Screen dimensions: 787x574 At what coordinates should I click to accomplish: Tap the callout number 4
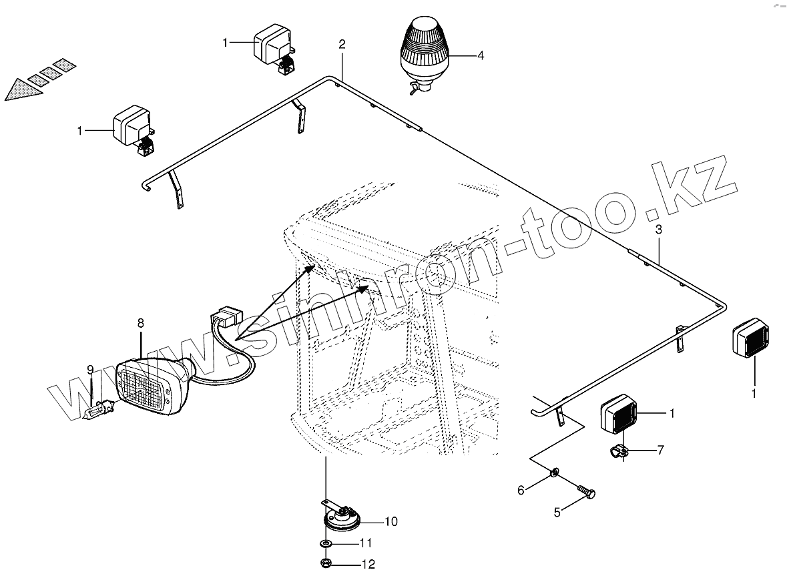click(x=481, y=56)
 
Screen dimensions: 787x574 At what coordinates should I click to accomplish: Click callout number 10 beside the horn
click(x=391, y=521)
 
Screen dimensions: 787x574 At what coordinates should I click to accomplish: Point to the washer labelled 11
click(x=325, y=543)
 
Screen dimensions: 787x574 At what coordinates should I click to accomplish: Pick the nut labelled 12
click(x=325, y=563)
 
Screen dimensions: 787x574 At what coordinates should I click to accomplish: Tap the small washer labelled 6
click(x=555, y=474)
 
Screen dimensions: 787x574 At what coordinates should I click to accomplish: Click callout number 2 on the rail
click(x=342, y=45)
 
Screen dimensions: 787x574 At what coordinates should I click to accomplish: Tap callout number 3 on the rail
click(x=658, y=229)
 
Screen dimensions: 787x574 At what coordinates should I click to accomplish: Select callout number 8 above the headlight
click(x=141, y=323)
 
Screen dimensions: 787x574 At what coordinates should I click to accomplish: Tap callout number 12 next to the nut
click(x=368, y=565)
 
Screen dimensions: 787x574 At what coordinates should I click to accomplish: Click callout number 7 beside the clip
click(x=660, y=450)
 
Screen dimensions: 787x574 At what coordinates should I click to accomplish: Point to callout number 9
click(x=90, y=369)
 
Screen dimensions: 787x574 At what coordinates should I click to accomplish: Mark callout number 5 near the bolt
click(x=557, y=512)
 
